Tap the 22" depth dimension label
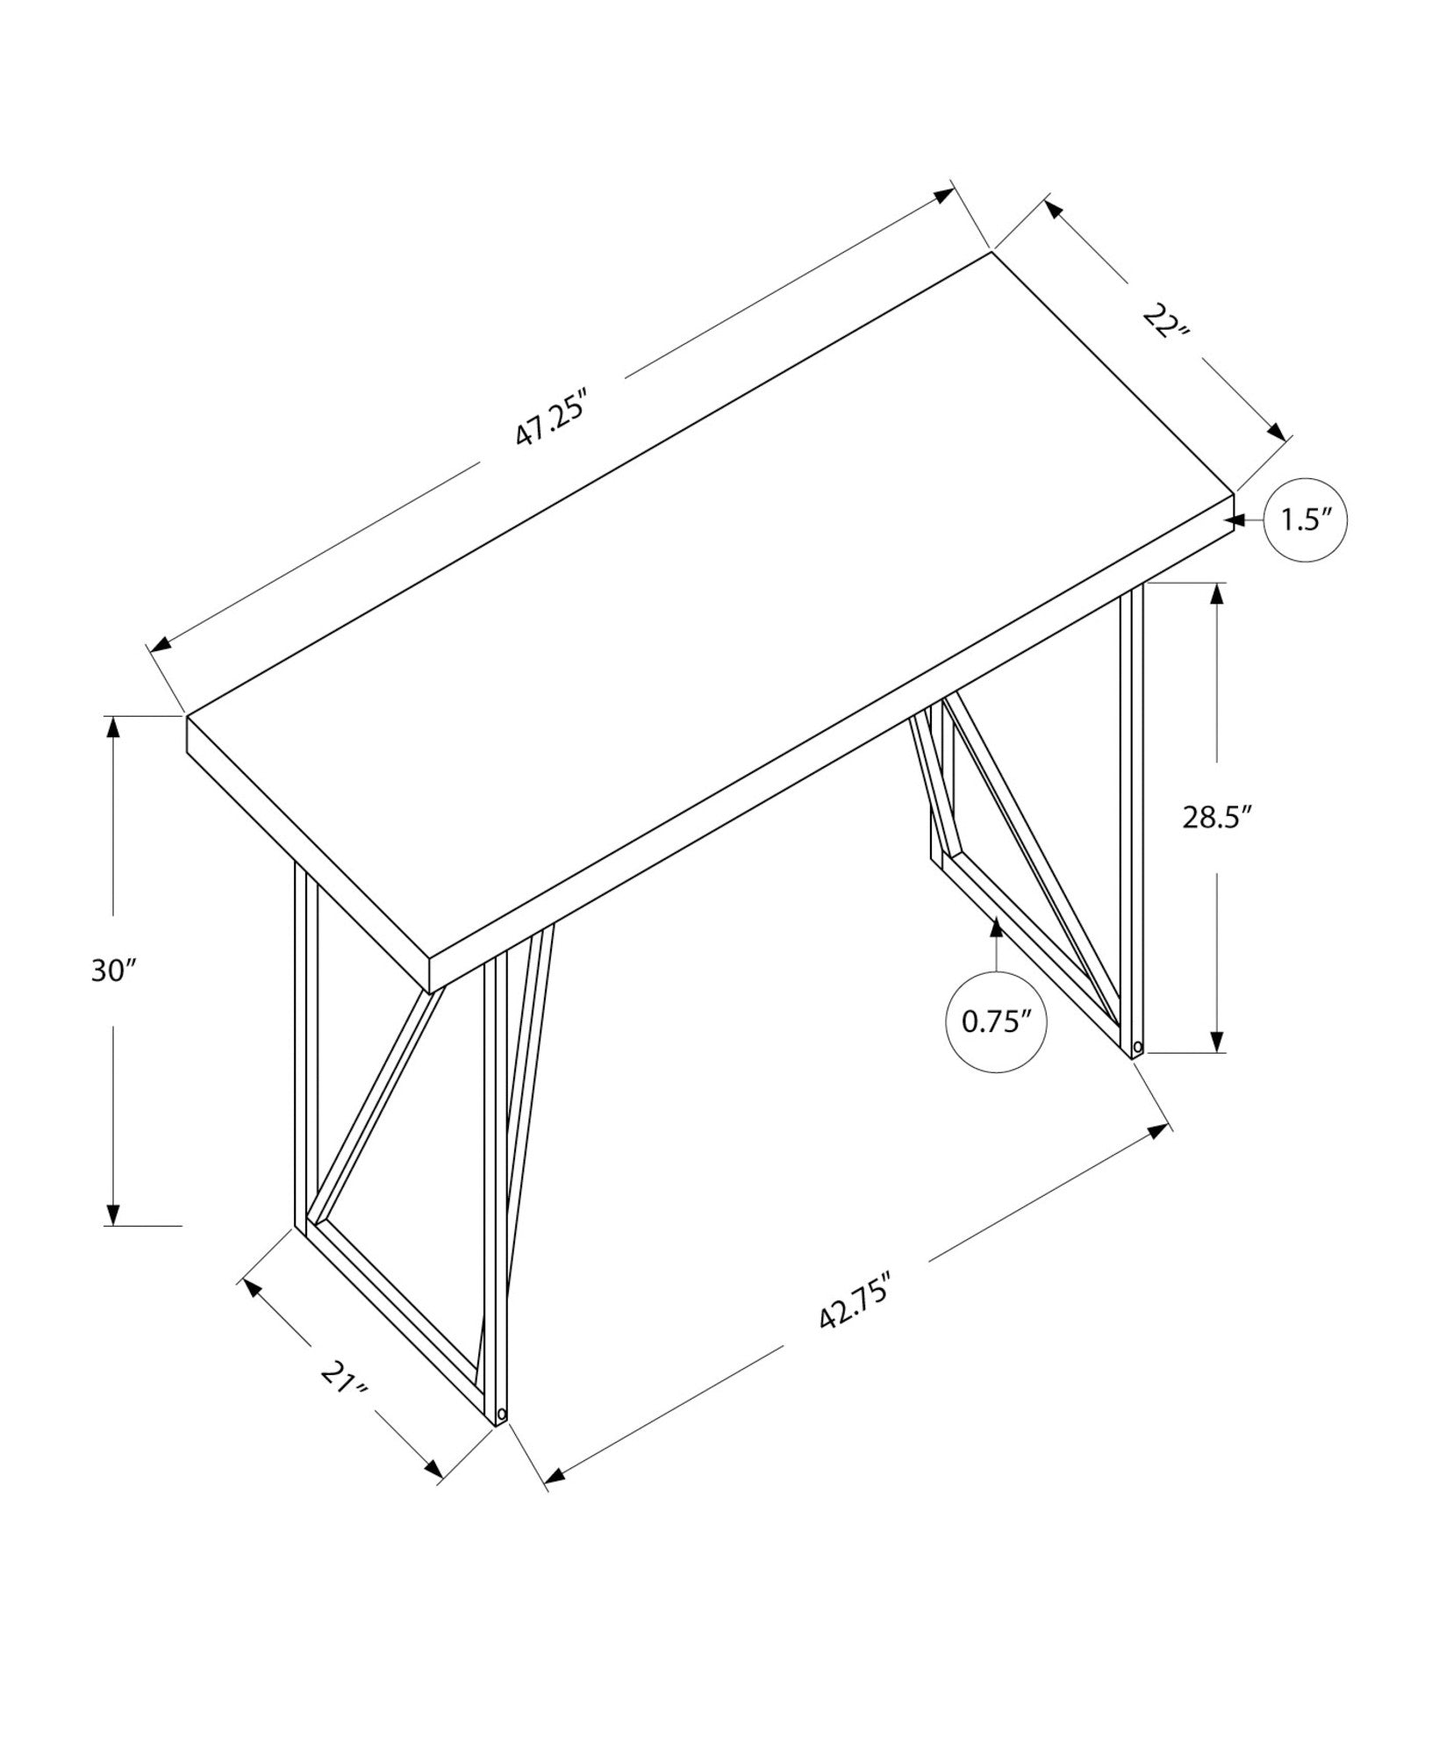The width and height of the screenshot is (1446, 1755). click(1164, 322)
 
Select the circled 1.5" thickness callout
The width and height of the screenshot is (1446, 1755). click(1305, 520)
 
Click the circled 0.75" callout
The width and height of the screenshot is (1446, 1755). click(996, 1021)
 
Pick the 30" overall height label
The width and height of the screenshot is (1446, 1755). click(115, 970)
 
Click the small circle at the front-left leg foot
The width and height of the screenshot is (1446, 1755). click(501, 1438)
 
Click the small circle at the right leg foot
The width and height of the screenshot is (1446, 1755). click(1138, 1047)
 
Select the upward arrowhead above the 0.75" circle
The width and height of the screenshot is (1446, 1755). click(996, 928)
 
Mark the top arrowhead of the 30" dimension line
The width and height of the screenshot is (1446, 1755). click(112, 727)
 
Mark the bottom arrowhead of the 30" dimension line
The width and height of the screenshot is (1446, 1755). click(112, 1214)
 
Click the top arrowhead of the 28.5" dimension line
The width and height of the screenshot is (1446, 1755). click(1216, 594)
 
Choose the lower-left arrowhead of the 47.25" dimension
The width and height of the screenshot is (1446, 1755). click(161, 647)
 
